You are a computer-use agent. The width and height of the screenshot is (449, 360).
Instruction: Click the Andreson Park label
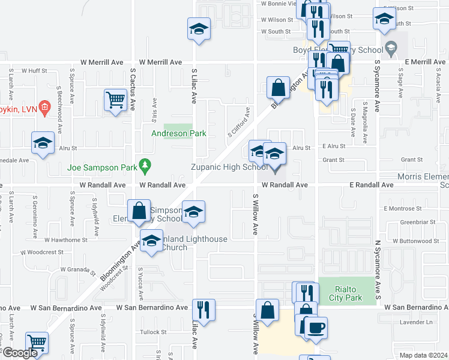[178, 133]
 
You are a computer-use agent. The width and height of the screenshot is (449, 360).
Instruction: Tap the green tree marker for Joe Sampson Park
[144, 164]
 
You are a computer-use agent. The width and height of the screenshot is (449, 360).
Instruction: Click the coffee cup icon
[316, 328]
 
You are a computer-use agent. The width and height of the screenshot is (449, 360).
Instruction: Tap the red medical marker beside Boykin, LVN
[44, 107]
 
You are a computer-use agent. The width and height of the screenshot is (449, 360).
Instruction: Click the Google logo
[20, 353]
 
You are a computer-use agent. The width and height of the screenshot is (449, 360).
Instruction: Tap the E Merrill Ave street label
[424, 62]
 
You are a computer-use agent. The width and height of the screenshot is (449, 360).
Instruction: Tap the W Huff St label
[34, 70]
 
